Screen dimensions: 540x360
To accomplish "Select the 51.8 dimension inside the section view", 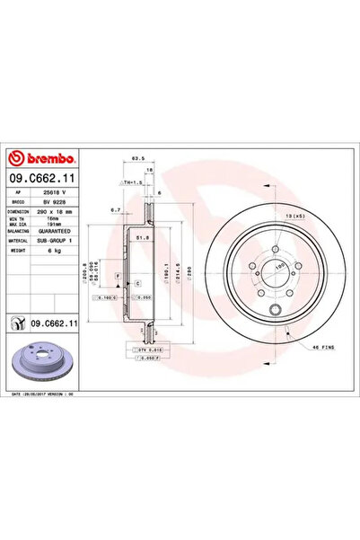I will point(141,238).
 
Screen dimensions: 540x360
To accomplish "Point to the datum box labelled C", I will point(139,283).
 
